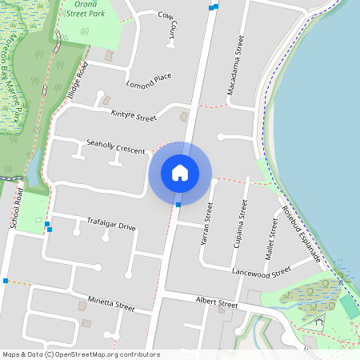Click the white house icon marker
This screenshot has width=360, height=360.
coord(180,173)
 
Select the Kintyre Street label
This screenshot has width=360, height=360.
coord(134,117)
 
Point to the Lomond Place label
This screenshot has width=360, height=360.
coord(149,80)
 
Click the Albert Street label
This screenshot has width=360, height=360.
coord(217,303)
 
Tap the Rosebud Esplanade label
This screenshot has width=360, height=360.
coord(302,234)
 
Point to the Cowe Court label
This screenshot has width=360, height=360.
coord(170,24)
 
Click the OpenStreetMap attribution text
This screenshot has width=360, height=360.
coord(80,354)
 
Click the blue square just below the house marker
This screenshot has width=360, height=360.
coord(178,205)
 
